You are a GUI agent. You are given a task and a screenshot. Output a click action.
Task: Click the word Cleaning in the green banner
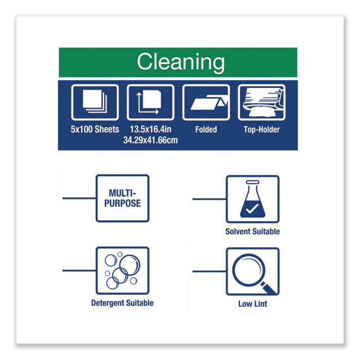181,62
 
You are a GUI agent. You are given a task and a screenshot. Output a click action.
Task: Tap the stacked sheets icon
95,102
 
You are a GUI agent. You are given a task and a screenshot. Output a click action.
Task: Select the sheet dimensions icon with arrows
150,102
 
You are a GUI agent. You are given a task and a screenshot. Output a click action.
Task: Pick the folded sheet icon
206,102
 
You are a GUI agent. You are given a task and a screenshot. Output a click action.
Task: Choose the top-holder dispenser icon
261,102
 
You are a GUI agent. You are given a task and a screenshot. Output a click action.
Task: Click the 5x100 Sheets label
95,130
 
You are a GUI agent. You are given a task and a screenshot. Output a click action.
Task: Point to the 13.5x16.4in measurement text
150,130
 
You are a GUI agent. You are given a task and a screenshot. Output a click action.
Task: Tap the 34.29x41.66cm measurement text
150,140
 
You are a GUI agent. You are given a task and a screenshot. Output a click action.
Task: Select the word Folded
206,130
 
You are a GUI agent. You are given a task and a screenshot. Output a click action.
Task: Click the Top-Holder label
261,130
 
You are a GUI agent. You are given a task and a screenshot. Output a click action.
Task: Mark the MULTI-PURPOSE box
122,199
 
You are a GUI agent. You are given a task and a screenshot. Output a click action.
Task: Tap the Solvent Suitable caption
253,231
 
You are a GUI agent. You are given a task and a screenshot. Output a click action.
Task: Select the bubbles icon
122,271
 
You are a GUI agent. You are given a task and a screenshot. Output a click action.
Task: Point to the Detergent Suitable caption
122,303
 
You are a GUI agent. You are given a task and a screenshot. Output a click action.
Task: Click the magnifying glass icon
253,271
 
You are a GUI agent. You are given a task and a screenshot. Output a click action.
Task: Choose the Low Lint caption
253,303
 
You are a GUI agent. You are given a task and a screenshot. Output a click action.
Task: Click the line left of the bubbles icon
79,271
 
